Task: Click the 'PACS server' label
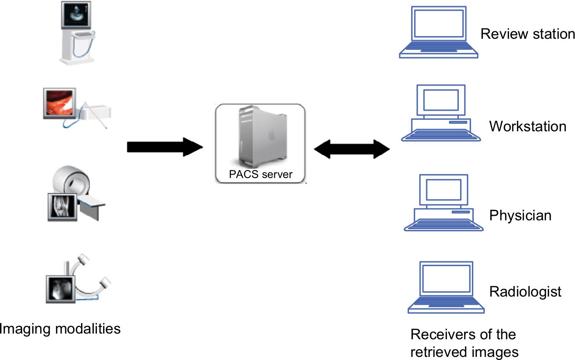(261, 174)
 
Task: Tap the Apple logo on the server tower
(272, 135)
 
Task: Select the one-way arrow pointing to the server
(165, 147)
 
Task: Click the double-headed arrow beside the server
(352, 149)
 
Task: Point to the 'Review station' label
(527, 34)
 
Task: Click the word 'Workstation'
(528, 126)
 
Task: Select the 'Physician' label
(520, 215)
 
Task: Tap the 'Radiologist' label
(525, 292)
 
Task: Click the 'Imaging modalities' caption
(60, 329)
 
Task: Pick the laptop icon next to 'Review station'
(439, 32)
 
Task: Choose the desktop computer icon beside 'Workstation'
(441, 113)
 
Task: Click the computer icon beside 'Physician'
(443, 203)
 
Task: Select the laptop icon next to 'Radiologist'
(446, 287)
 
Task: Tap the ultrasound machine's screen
(76, 15)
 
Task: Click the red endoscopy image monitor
(59, 103)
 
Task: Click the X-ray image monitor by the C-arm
(61, 289)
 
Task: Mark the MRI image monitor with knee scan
(63, 207)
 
